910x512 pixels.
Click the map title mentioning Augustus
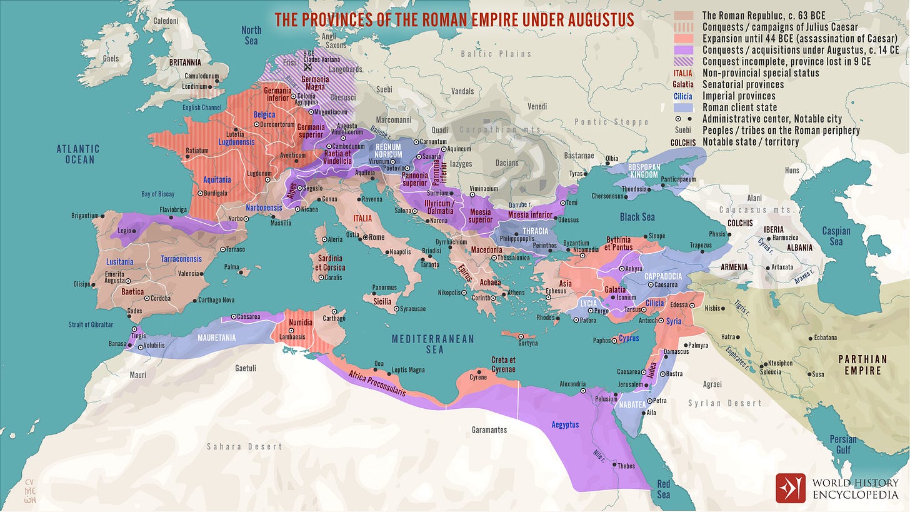[x=454, y=19]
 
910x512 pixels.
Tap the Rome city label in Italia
[x=376, y=238]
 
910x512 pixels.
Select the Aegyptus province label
[x=565, y=424]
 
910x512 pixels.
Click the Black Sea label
[x=637, y=217]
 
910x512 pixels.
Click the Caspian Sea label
[x=836, y=236]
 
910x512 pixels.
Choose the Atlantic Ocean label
[x=78, y=154]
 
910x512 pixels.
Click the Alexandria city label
[x=572, y=384]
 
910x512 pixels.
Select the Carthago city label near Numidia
[x=334, y=318]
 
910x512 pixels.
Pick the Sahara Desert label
[x=244, y=446]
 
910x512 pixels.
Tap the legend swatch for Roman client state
[x=684, y=108]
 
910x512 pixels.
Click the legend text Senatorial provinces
[x=742, y=84]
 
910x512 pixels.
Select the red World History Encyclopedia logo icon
[x=791, y=488]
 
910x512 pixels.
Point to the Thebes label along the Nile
[x=626, y=466]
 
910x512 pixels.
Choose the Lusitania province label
[x=119, y=261]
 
